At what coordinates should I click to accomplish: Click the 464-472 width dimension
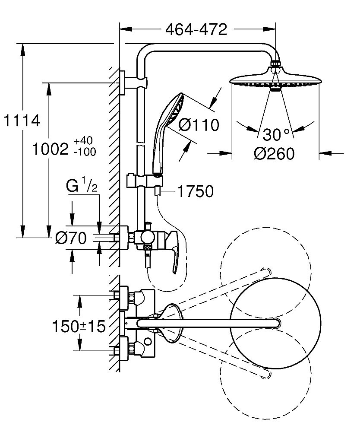click(196, 29)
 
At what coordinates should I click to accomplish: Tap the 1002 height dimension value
click(51, 149)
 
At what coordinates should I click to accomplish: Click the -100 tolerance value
click(85, 152)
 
